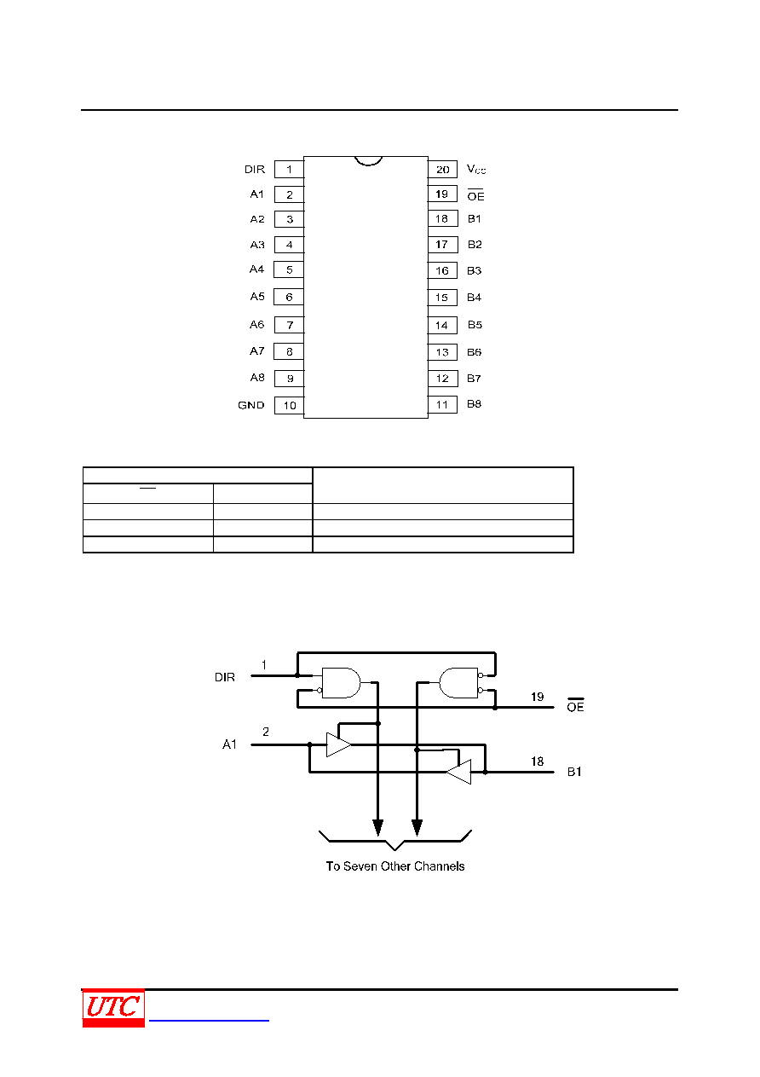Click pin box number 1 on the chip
[289, 169]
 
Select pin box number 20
[442, 169]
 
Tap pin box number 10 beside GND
[289, 405]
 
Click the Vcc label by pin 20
[476, 169]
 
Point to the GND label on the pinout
[250, 405]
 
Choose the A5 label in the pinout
[257, 297]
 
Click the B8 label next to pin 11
[475, 404]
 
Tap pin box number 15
[442, 297]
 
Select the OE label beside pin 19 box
[475, 195]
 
